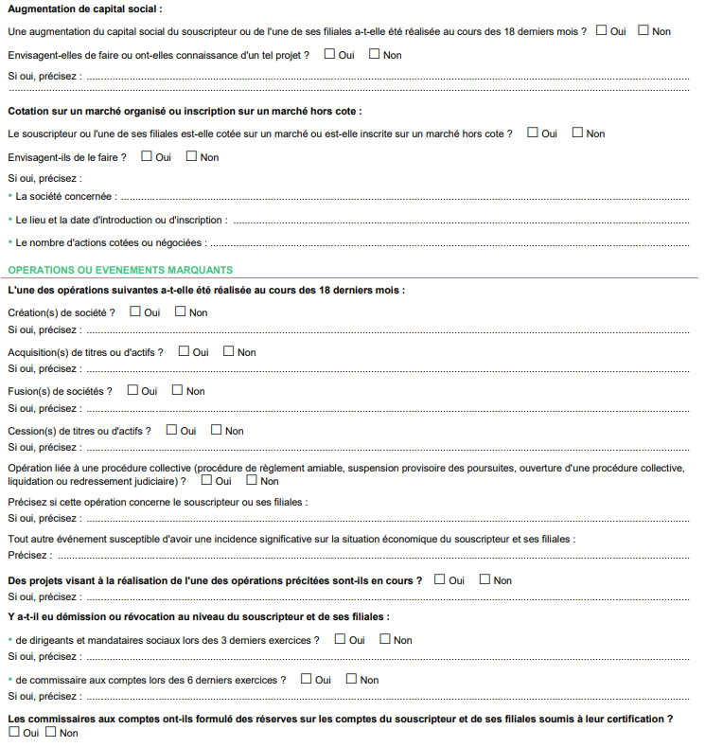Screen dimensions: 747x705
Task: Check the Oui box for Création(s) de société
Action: click(x=135, y=311)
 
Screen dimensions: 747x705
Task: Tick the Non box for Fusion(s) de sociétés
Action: click(x=178, y=390)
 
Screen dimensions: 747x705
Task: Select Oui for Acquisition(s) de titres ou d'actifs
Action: click(x=184, y=351)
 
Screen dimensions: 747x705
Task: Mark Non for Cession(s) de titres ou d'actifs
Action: click(x=217, y=430)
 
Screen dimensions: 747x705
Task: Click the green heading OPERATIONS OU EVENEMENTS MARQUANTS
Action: click(x=120, y=271)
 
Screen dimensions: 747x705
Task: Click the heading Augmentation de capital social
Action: click(x=84, y=9)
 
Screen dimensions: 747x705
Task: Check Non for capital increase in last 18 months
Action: click(x=643, y=30)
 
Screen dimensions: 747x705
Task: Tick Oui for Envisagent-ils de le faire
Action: click(x=147, y=156)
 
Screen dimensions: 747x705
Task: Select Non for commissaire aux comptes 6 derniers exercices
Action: click(x=351, y=679)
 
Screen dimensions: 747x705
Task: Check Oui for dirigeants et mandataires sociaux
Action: click(x=340, y=639)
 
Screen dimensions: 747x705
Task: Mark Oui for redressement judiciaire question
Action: click(x=207, y=480)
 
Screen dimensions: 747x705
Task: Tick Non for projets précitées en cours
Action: click(x=485, y=579)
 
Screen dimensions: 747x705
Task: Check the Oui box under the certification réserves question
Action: click(x=13, y=732)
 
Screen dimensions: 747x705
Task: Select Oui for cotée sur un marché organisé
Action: click(x=533, y=133)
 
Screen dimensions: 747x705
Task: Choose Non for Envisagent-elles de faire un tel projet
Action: click(x=374, y=54)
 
